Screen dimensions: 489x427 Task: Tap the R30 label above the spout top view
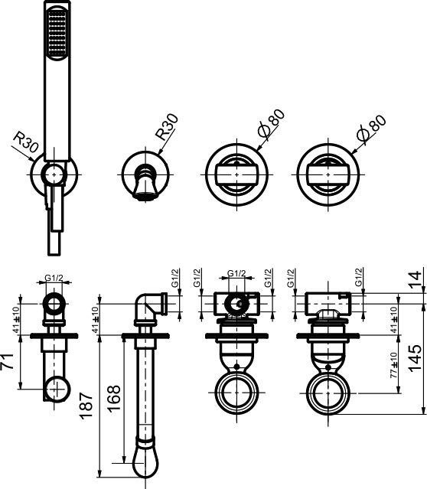click(x=166, y=126)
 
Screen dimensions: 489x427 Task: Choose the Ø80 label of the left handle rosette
click(x=271, y=123)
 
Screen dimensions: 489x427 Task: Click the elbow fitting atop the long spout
click(x=151, y=305)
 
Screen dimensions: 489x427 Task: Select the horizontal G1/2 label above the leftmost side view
click(x=54, y=278)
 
